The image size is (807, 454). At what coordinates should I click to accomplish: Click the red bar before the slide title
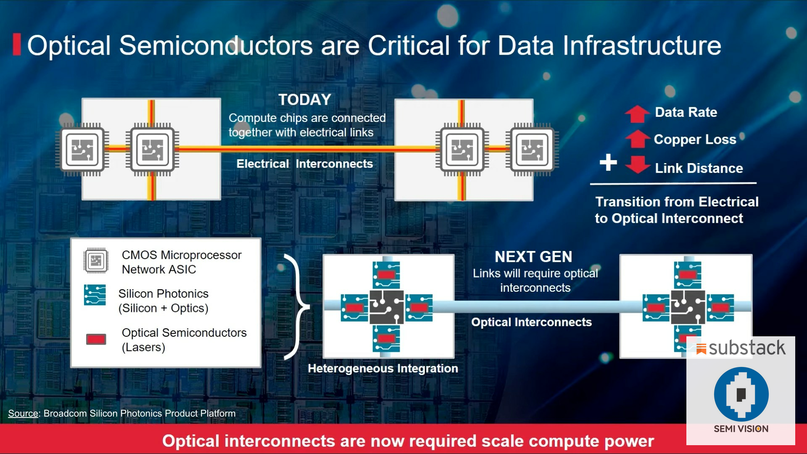tap(17, 45)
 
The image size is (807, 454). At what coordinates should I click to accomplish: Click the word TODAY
tap(305, 100)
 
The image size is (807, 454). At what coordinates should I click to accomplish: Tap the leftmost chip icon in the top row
tap(82, 150)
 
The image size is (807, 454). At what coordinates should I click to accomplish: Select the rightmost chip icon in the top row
tap(532, 150)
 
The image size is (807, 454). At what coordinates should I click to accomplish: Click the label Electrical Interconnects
tap(304, 164)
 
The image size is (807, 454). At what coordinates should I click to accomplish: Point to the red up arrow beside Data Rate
tap(637, 113)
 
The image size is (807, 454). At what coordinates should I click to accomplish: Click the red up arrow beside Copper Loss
tap(637, 139)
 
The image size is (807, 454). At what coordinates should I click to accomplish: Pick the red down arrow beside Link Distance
tap(637, 164)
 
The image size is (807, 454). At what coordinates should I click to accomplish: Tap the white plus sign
tap(608, 162)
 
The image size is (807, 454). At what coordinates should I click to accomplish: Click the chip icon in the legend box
tap(96, 261)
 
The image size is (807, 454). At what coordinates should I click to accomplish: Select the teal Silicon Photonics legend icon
tap(95, 295)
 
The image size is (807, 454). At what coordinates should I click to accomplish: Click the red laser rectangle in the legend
tap(96, 339)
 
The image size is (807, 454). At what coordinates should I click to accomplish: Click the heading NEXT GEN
tap(533, 257)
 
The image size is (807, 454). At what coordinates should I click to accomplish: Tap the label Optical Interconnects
tap(531, 322)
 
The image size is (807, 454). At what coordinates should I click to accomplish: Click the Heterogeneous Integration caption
tap(382, 369)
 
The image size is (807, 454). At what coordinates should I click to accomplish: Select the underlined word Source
tap(23, 414)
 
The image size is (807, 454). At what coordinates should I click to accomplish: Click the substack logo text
tap(746, 348)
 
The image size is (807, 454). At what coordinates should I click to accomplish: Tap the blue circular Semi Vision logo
tap(741, 394)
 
